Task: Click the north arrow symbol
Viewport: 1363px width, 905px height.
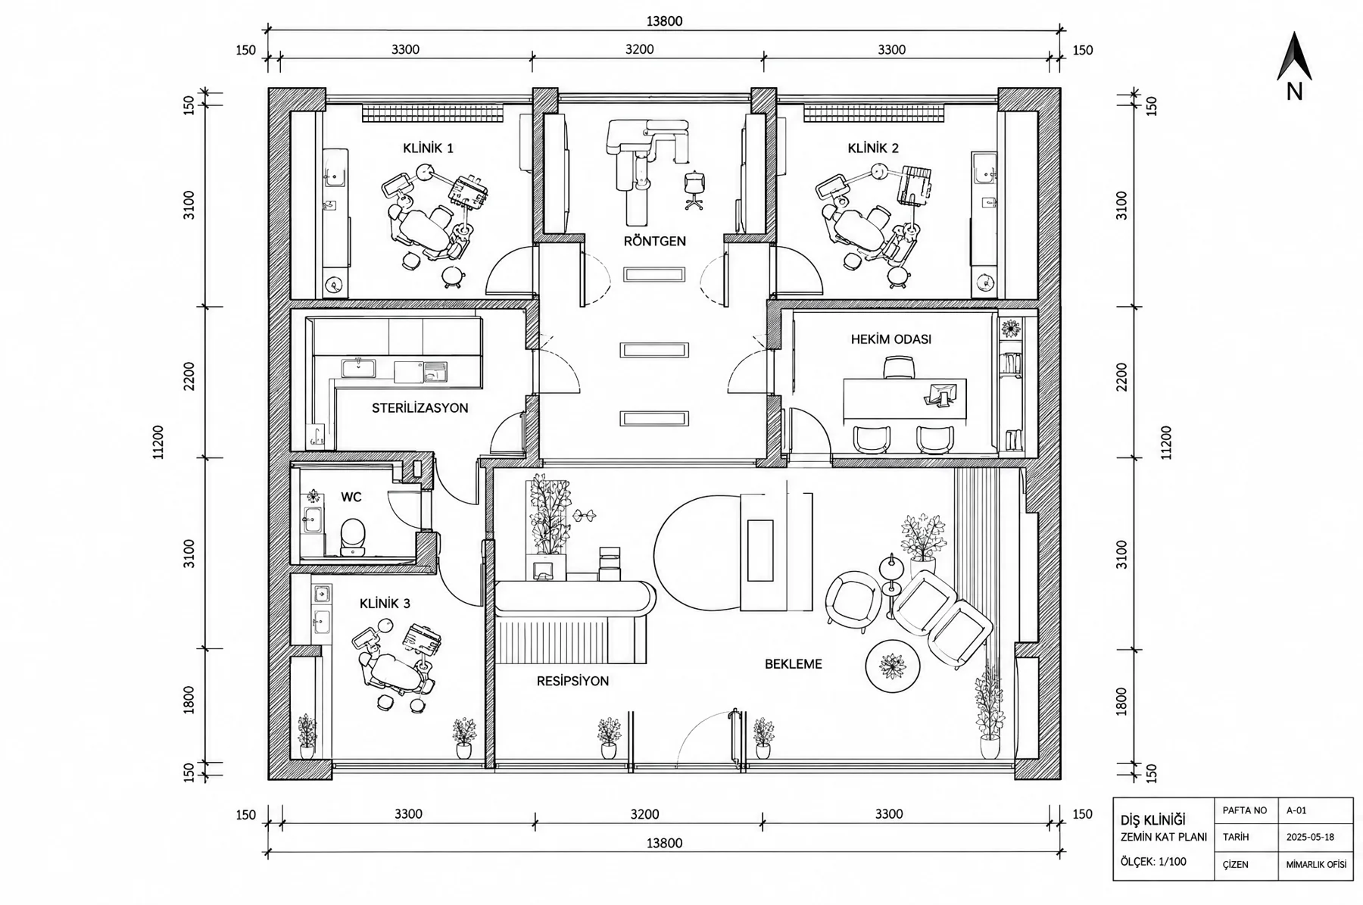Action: tap(1294, 57)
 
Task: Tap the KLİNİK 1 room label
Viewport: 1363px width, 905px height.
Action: tap(429, 148)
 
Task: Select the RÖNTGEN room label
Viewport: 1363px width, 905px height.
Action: tap(655, 242)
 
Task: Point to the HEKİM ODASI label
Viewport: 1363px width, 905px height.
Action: tap(891, 339)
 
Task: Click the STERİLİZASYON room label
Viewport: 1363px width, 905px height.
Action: tap(420, 408)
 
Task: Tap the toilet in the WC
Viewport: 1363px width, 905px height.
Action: tap(352, 536)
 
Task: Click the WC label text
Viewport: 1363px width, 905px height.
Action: tap(351, 498)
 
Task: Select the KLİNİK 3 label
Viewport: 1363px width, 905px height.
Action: tap(385, 604)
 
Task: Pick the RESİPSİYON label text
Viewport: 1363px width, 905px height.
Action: tap(573, 682)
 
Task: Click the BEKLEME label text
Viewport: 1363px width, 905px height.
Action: tap(794, 664)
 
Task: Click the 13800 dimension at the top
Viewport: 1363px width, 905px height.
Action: tap(664, 21)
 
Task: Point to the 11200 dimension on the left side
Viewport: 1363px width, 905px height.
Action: tap(158, 442)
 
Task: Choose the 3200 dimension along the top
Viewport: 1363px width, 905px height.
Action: tap(640, 50)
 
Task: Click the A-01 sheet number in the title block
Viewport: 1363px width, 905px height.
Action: tap(1296, 810)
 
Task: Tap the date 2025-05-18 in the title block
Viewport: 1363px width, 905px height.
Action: tap(1310, 838)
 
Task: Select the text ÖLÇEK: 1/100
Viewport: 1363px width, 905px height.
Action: tap(1153, 862)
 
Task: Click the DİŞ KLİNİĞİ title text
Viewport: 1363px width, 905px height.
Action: tap(1153, 820)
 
